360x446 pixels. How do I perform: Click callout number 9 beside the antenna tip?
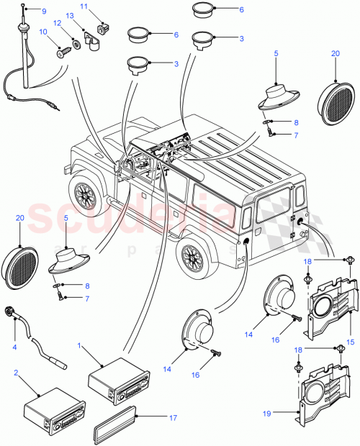[42, 12]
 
